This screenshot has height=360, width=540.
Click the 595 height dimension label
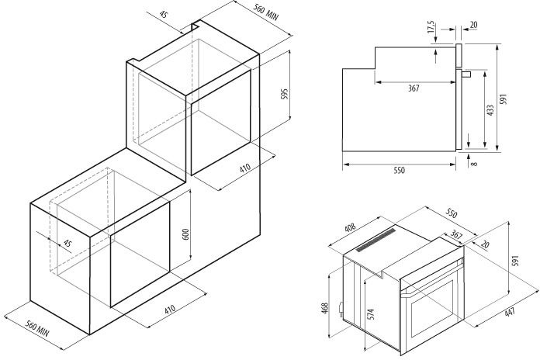pyautogui.click(x=284, y=94)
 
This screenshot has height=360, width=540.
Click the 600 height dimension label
pyautogui.click(x=185, y=234)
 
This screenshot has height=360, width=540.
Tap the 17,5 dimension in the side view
pyautogui.click(x=431, y=27)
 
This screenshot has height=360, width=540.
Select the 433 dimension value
pyautogui.click(x=490, y=110)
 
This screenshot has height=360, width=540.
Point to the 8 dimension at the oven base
pyautogui.click(x=475, y=164)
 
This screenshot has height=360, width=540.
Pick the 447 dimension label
pyautogui.click(x=510, y=312)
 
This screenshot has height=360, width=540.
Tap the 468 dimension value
pyautogui.click(x=325, y=308)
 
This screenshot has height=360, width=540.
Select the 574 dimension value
pyautogui.click(x=371, y=314)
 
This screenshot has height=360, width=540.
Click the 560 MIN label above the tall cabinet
pyautogui.click(x=266, y=12)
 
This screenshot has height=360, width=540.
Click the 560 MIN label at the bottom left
pyautogui.click(x=37, y=329)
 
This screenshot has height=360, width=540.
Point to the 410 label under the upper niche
pyautogui.click(x=245, y=168)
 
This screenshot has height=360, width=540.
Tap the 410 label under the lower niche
pyautogui.click(x=170, y=309)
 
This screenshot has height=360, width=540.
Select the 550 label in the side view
pyautogui.click(x=399, y=170)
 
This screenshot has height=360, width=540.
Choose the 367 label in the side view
pyautogui.click(x=414, y=88)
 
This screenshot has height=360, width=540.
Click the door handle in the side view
pyautogui.click(x=466, y=74)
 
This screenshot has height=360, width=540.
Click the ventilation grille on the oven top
pyautogui.click(x=376, y=240)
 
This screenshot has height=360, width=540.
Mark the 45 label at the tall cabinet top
pyautogui.click(x=164, y=15)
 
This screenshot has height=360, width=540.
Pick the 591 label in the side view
pyautogui.click(x=504, y=99)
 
